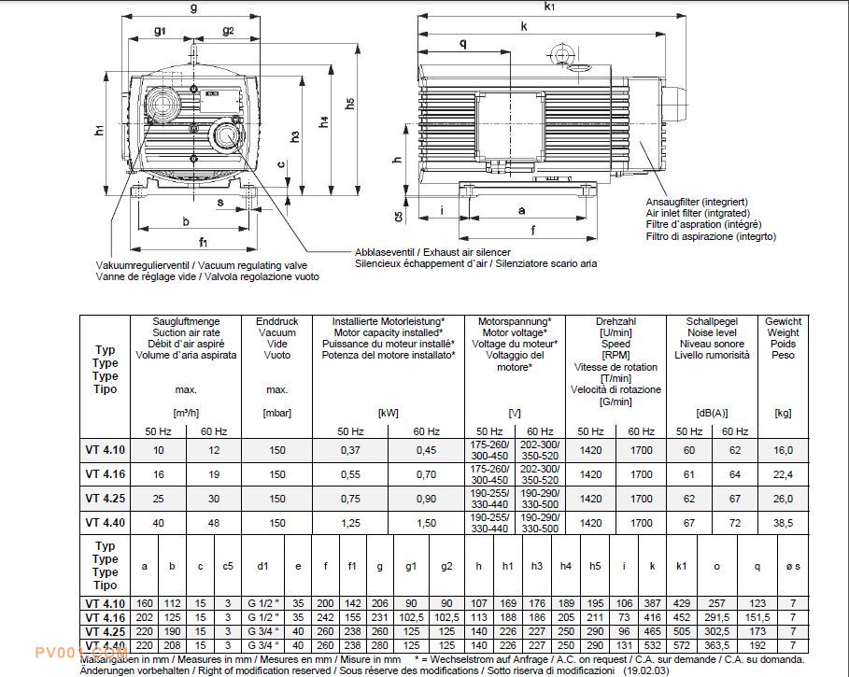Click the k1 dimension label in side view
[549, 7]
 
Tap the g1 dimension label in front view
[160, 31]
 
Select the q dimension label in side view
[463, 44]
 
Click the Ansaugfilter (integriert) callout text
[695, 202]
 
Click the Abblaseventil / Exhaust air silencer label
[432, 253]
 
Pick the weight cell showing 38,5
[783, 522]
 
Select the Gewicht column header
[783, 321]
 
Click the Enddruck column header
[277, 321]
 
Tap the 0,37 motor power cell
[350, 449]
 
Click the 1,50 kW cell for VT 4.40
[425, 522]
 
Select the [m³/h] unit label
[188, 413]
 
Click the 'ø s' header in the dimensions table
[792, 566]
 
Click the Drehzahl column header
[616, 321]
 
